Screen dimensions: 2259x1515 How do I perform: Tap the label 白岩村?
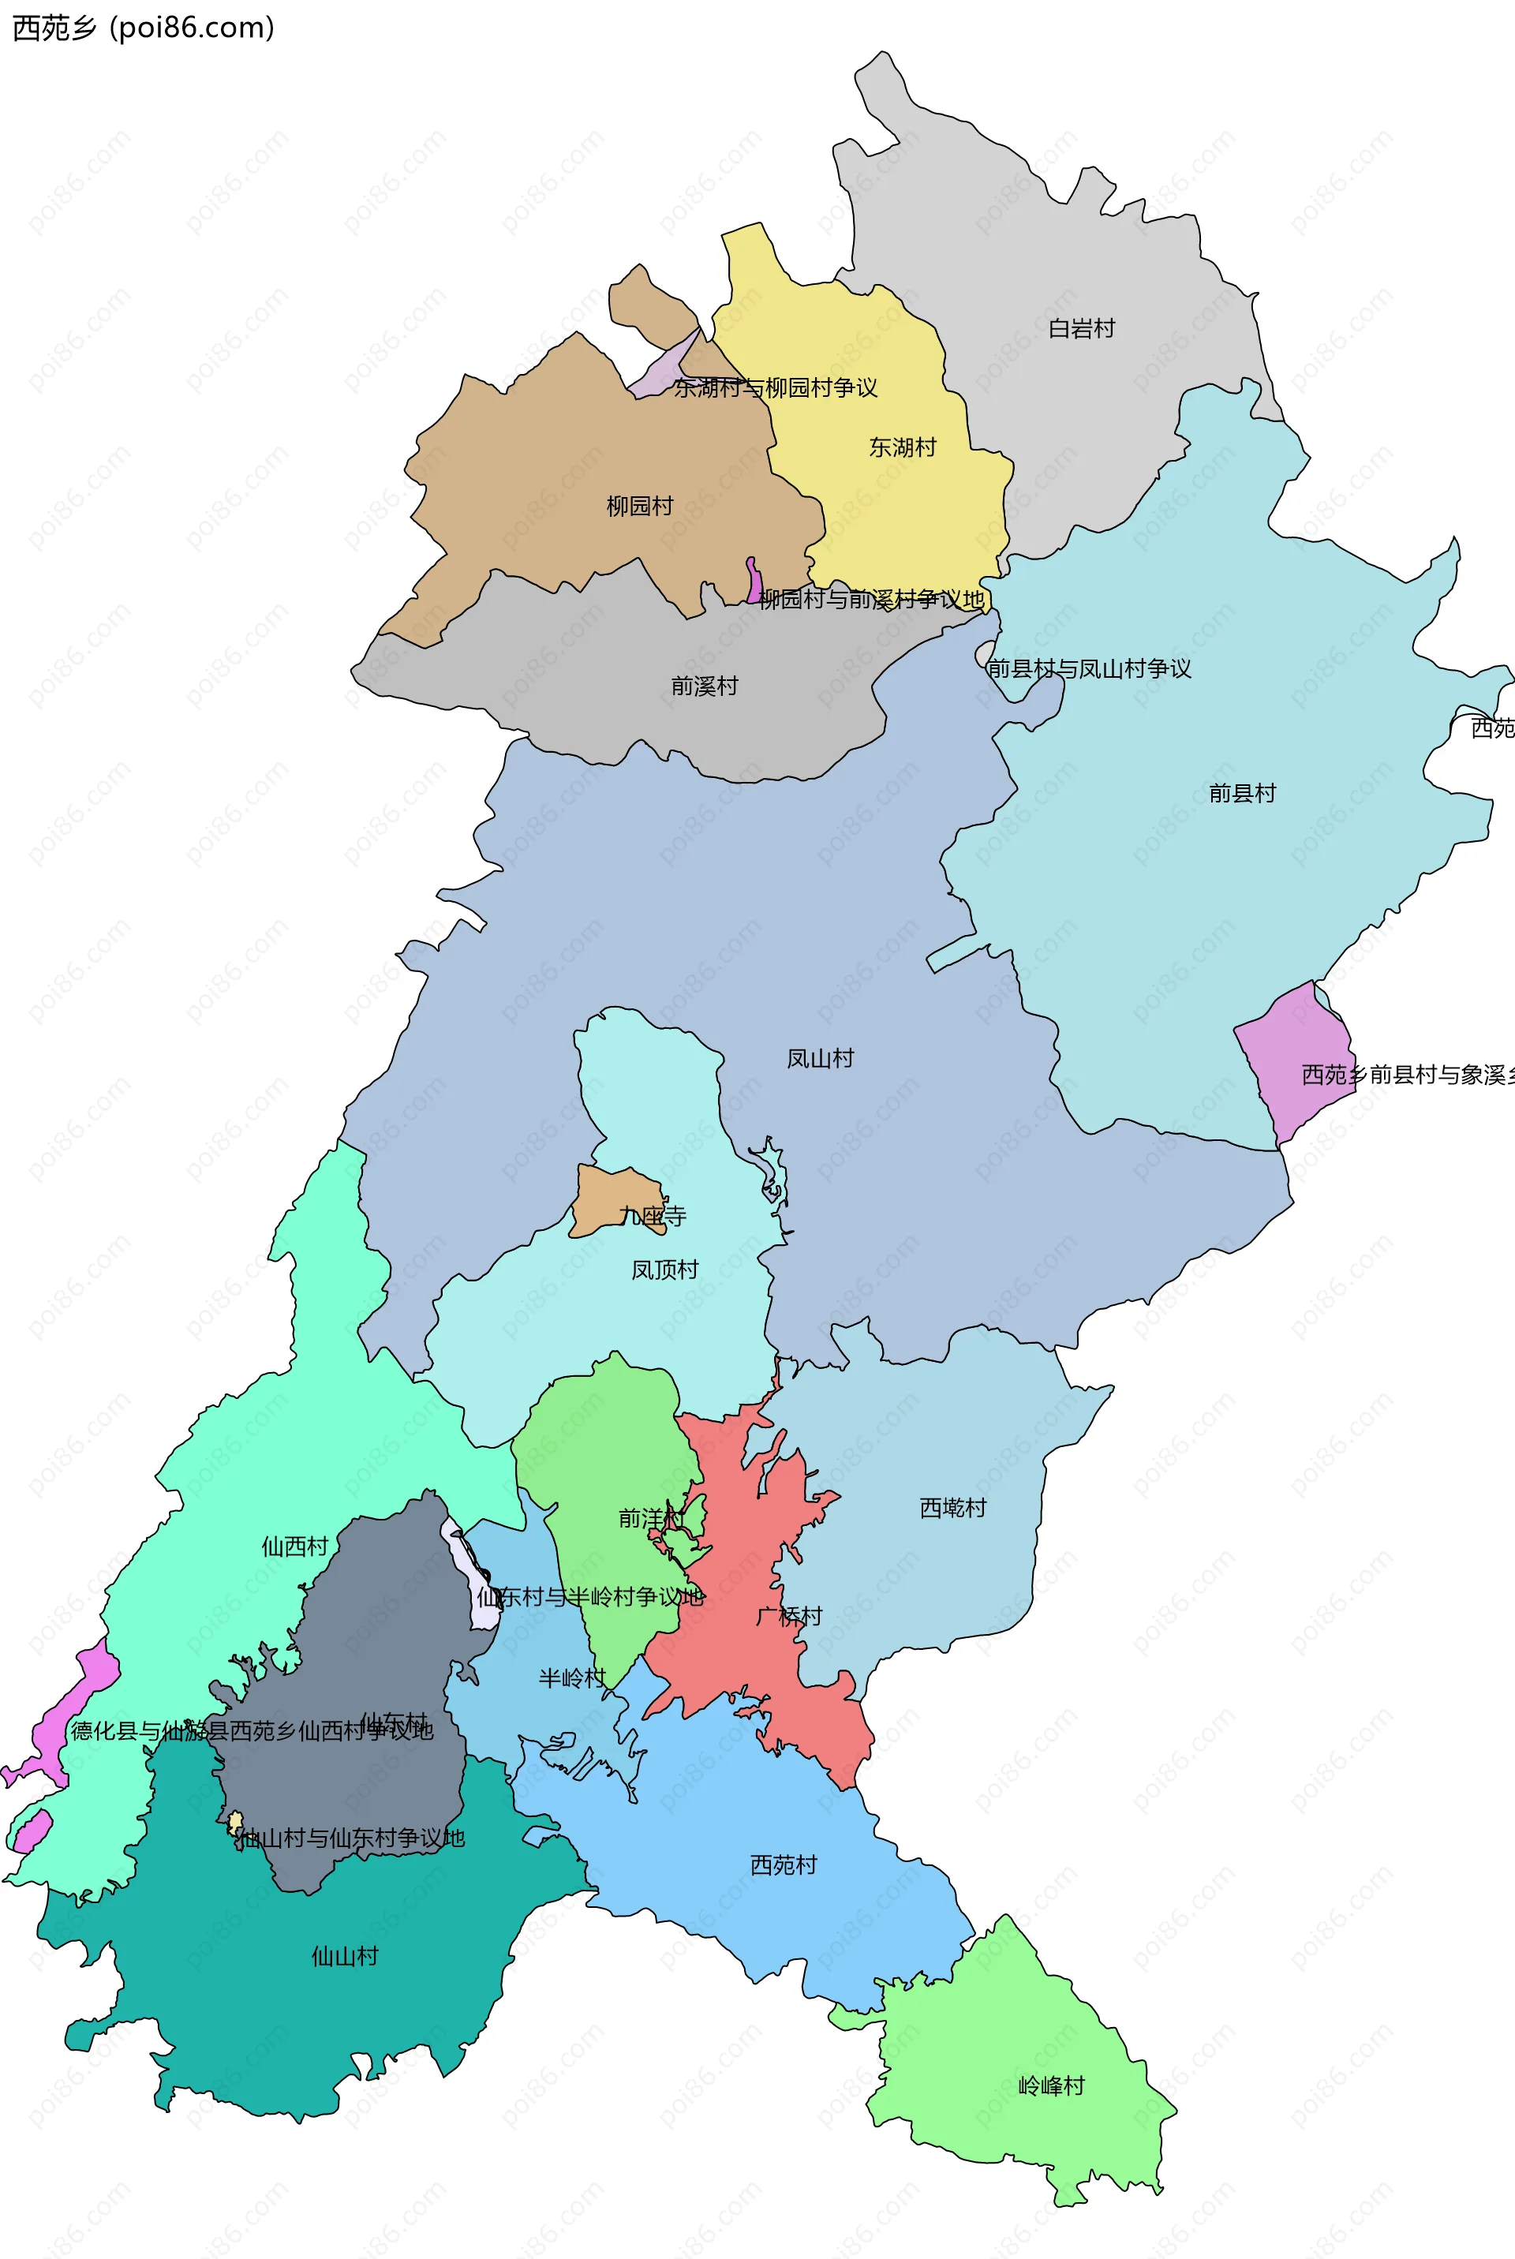pyautogui.click(x=1081, y=328)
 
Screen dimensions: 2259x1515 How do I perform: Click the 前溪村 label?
pyautogui.click(x=705, y=686)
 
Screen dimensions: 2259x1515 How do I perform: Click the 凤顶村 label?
pyautogui.click(x=664, y=1270)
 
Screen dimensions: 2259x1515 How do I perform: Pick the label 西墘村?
pyautogui.click(x=952, y=1507)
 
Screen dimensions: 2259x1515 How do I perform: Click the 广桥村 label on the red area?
pyautogui.click(x=788, y=1615)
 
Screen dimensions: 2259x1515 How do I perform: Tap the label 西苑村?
pyautogui.click(x=784, y=1864)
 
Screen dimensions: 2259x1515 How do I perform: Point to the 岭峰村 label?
pyautogui.click(x=1051, y=2085)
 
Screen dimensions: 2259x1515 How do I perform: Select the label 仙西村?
pyautogui.click(x=294, y=1546)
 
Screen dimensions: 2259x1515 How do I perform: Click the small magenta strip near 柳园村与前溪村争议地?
pyautogui.click(x=753, y=582)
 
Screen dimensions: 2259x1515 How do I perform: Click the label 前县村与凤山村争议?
pyautogui.click(x=1089, y=668)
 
